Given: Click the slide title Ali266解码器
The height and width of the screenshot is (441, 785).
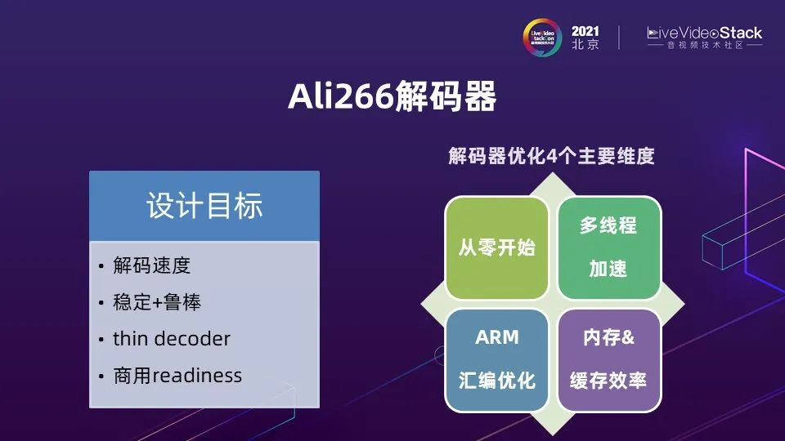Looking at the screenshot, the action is (392, 96).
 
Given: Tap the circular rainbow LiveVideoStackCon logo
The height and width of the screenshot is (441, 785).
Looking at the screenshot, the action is (543, 38).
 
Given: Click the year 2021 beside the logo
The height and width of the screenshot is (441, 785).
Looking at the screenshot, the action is (585, 32).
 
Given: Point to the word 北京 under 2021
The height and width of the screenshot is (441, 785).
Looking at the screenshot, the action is (585, 44).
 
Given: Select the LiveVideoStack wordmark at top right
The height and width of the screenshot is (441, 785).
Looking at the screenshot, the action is (704, 33).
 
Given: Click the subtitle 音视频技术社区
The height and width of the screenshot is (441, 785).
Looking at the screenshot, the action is (705, 45).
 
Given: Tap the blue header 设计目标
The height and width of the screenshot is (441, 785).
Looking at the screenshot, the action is (204, 206).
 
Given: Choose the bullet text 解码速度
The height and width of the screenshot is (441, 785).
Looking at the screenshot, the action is (152, 265).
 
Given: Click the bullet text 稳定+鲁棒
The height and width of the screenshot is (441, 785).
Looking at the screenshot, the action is (157, 302).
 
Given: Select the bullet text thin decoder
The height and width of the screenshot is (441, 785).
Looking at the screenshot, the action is (171, 338).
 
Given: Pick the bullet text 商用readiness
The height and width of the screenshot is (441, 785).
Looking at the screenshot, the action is (177, 376).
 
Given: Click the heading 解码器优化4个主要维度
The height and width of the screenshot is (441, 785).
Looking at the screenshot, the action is (551, 156).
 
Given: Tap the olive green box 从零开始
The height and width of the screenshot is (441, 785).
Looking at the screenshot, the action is (496, 248).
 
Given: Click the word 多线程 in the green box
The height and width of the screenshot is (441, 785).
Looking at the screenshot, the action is (608, 225).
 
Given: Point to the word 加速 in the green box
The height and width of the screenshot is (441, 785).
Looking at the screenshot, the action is (608, 269).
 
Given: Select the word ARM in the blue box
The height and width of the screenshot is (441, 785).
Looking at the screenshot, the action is (496, 337).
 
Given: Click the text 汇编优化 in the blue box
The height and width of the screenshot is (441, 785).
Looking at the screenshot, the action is (496, 381).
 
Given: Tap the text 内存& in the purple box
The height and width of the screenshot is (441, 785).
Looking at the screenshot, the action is (608, 337).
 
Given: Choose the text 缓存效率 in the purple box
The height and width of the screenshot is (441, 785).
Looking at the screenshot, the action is (608, 381).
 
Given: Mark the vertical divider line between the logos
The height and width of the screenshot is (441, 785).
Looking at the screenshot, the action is (619, 38).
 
